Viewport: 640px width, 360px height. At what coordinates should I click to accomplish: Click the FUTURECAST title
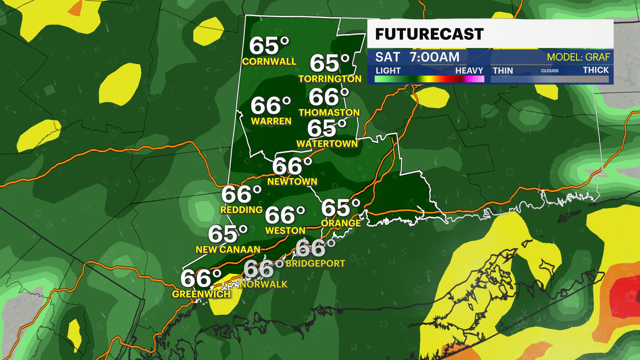429,34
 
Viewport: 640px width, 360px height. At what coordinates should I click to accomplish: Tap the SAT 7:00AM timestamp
417,57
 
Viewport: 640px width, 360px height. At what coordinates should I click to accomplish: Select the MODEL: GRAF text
578,57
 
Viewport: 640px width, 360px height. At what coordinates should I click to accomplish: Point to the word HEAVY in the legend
469,71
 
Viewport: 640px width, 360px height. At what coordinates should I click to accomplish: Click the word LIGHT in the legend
388,71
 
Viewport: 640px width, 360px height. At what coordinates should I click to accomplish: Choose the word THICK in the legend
596,70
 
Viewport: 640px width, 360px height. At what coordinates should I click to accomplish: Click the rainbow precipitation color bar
429,79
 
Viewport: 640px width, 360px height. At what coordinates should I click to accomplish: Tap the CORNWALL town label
269,62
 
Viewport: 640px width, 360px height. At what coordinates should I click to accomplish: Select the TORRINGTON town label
330,79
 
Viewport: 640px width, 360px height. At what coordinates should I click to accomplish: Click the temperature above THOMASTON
329,97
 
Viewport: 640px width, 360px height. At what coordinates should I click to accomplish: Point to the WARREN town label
271,121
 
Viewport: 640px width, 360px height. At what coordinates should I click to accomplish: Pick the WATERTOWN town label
327,144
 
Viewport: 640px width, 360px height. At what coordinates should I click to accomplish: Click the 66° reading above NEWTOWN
292,166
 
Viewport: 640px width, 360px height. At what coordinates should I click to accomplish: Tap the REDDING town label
241,210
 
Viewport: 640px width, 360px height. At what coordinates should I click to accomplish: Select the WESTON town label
285,231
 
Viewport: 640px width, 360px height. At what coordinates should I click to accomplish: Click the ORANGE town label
341,223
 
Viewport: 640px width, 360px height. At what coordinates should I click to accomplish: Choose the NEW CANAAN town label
228,250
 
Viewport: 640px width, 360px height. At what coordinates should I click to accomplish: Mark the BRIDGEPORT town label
315,264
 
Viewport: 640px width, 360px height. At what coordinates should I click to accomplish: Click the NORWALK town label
263,284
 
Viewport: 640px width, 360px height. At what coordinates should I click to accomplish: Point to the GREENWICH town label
201,294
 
